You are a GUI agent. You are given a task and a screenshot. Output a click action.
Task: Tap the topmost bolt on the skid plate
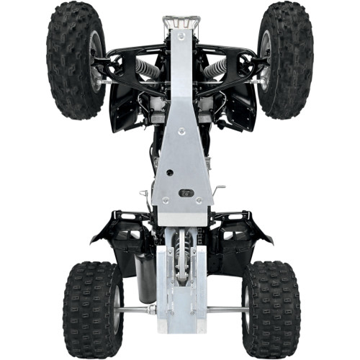coord(180,35)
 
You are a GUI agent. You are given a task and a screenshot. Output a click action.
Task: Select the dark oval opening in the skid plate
coord(186,193)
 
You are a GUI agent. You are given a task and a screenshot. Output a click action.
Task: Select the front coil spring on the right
coord(215,69)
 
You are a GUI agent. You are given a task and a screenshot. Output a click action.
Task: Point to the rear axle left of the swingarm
coord(137,310)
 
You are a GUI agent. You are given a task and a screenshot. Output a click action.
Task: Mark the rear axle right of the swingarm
coord(226,310)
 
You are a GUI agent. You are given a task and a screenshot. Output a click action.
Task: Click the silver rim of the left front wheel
coord(96,61)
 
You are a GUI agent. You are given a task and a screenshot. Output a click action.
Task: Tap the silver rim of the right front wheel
coord(264,61)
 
